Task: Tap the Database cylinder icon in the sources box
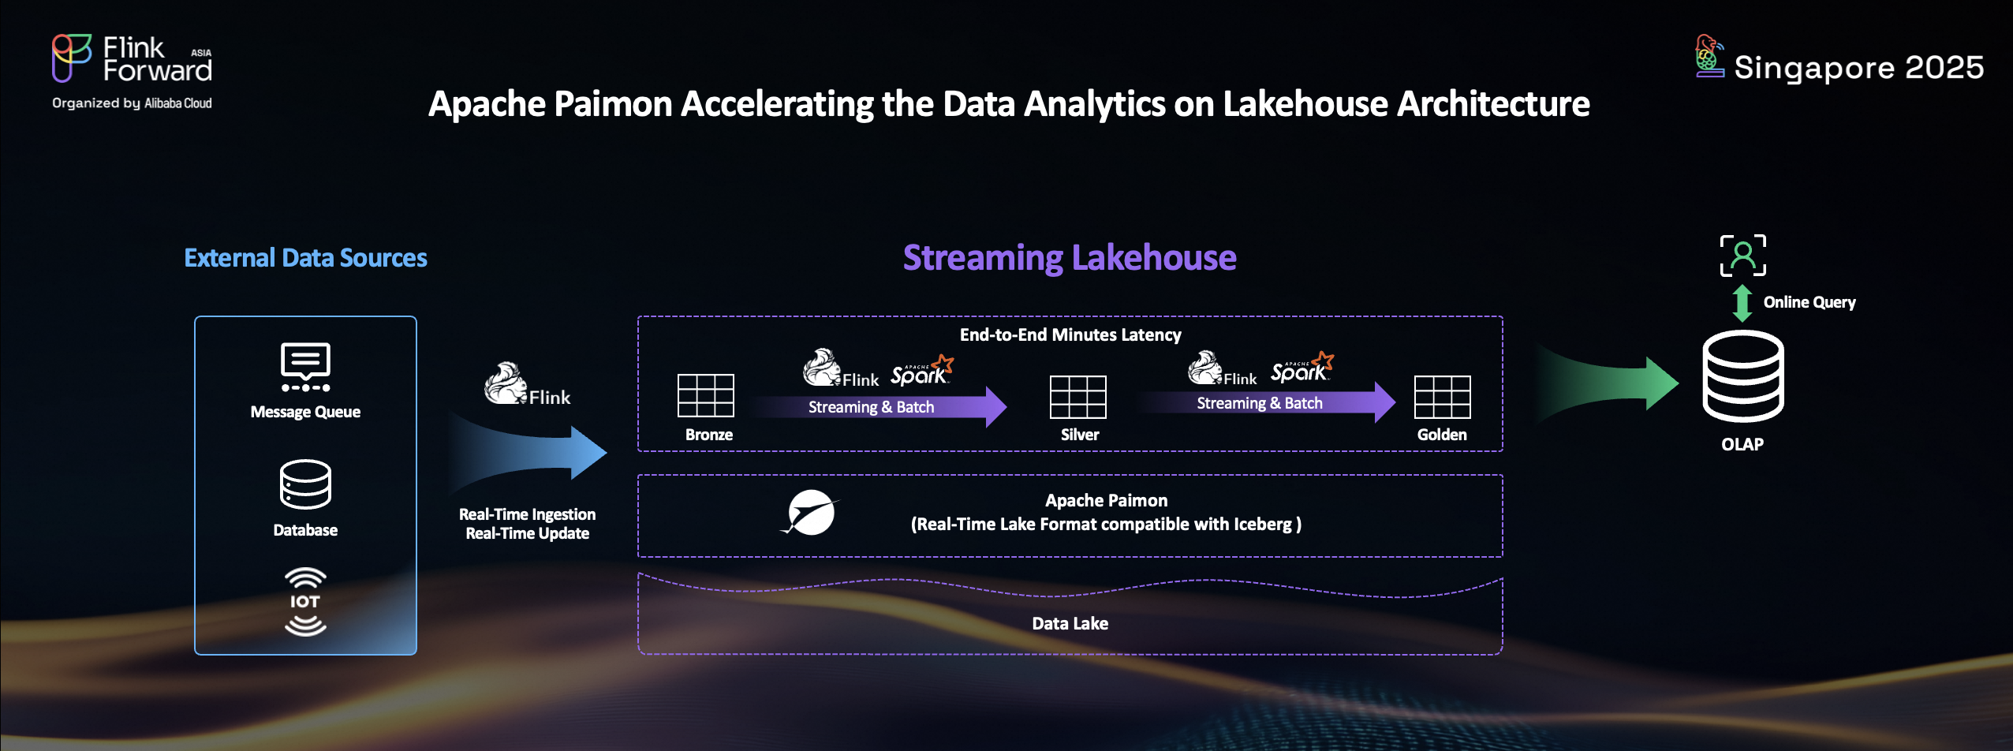(305, 484)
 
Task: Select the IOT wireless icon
(305, 601)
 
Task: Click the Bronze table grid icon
(706, 395)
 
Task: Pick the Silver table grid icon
(1078, 397)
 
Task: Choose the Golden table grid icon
(1443, 397)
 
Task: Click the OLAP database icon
(1743, 376)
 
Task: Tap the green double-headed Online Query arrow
(1742, 303)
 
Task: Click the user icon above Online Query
(1743, 256)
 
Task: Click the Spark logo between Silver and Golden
(1302, 368)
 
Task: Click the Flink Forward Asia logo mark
(71, 58)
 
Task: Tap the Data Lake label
(1070, 623)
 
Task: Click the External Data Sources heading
(305, 258)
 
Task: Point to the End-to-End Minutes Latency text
(1070, 334)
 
